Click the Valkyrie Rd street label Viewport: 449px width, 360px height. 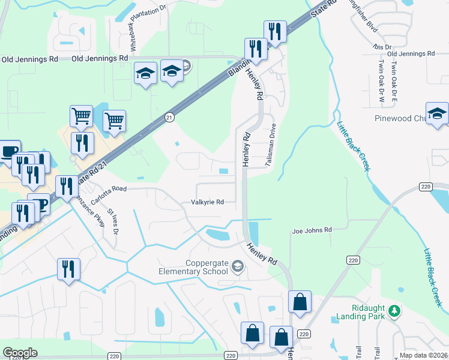pyautogui.click(x=207, y=202)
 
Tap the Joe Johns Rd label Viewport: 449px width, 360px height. pyautogui.click(x=312, y=230)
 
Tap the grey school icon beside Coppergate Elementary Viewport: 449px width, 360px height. pyautogui.click(x=238, y=266)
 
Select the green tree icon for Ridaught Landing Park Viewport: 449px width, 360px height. pyautogui.click(x=394, y=311)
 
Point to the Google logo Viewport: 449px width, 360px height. pyautogui.click(x=20, y=353)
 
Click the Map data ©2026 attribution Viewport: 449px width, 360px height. pyautogui.click(x=424, y=356)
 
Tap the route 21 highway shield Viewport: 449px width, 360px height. pyautogui.click(x=170, y=118)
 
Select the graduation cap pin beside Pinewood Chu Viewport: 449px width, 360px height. pyautogui.click(x=438, y=113)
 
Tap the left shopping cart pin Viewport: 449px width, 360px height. pyautogui.click(x=81, y=115)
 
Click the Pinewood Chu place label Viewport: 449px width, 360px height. pyautogui.click(x=399, y=118)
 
